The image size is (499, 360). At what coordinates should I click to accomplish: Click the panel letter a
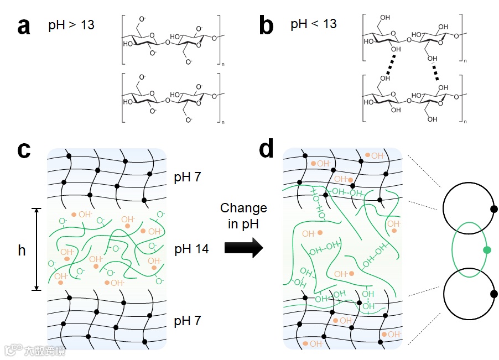pos(23,26)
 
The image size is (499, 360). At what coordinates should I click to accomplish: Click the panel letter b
pos(267,26)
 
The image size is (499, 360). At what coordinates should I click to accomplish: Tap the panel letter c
pos(23,150)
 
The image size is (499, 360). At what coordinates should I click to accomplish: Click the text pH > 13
pos(71,25)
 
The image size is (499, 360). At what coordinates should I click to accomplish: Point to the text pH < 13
pos(314,24)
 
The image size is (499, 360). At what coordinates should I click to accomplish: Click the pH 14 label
pos(191,249)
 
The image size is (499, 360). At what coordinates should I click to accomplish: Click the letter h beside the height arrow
pos(22,251)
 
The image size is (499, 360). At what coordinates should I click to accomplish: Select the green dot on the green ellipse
pos(487,250)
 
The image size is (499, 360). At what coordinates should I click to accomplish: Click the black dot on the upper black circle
pos(494,209)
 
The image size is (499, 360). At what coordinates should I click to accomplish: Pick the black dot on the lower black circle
pos(494,294)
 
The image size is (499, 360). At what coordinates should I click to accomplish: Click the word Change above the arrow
pos(243,208)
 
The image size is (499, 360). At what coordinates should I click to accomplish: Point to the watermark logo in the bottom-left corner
pos(12,350)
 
